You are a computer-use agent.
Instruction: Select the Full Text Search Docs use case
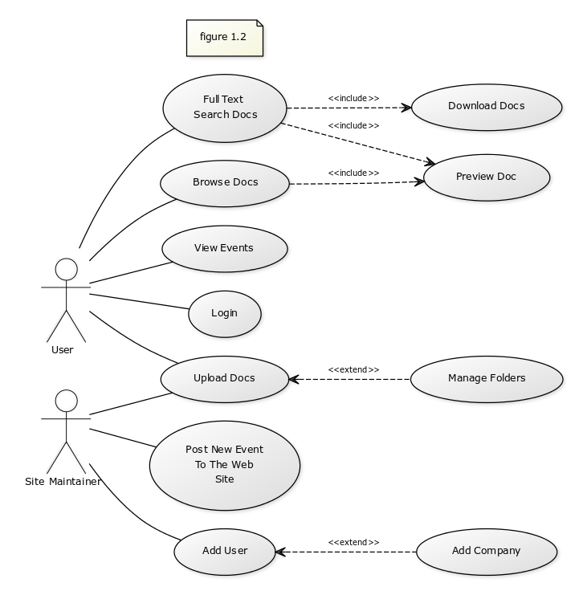[x=225, y=108]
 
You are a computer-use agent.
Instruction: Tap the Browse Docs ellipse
[x=225, y=183]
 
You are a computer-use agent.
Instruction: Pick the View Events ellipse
[x=225, y=248]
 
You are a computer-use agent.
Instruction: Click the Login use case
[x=225, y=313]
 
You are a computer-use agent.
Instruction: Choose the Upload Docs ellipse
[x=225, y=379]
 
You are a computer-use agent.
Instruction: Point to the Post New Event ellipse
[x=225, y=465]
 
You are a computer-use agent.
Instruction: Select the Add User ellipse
[x=225, y=551]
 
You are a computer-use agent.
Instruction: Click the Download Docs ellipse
[x=486, y=107]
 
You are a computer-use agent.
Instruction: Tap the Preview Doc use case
[x=486, y=177]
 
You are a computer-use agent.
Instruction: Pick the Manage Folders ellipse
[x=486, y=378]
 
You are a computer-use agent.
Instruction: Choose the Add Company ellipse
[x=486, y=551]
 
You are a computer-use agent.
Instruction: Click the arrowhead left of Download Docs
[x=409, y=108]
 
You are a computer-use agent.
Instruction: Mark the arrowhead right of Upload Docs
[x=292, y=379]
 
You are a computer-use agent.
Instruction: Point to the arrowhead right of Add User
[x=279, y=552]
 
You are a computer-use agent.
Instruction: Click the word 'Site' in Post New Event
[x=225, y=479]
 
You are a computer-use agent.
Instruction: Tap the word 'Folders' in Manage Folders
[x=505, y=378]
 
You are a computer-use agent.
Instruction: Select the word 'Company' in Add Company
[x=497, y=551]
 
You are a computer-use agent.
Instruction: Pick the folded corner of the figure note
[x=259, y=25]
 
